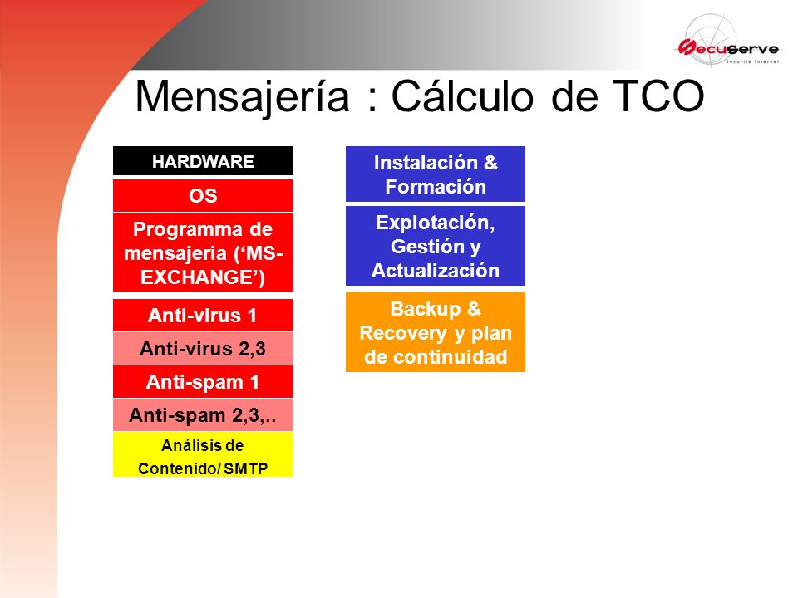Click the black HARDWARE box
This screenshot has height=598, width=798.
pyautogui.click(x=203, y=161)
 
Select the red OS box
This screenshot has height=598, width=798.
pyautogui.click(x=203, y=195)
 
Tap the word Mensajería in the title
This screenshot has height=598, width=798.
pyautogui.click(x=243, y=97)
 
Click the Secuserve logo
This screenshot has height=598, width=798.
pyautogui.click(x=728, y=42)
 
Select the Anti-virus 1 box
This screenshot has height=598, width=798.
pyautogui.click(x=203, y=316)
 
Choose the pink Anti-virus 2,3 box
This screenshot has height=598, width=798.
pyautogui.click(x=203, y=348)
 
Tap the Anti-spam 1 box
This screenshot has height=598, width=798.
pyautogui.click(x=203, y=381)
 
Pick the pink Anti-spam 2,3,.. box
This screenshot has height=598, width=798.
pyautogui.click(x=203, y=415)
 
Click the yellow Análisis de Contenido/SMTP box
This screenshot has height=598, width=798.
pyautogui.click(x=203, y=454)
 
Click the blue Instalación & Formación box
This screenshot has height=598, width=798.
pyautogui.click(x=435, y=174)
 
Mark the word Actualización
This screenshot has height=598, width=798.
pyautogui.click(x=435, y=271)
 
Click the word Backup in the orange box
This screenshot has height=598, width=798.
pyautogui.click(x=425, y=309)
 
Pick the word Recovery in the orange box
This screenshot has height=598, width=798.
pyautogui.click(x=403, y=334)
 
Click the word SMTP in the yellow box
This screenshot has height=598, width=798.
pyautogui.click(x=246, y=468)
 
